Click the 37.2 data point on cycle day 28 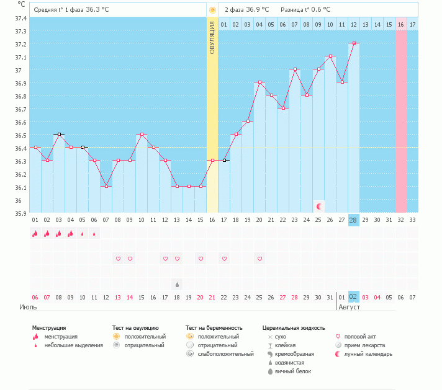(x=354, y=43)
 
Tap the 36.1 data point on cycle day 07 (x=106, y=186)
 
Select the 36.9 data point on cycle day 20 (x=259, y=82)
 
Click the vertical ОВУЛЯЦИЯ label (x=212, y=38)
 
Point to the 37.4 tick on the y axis (x=20, y=17)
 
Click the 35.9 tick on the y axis (x=20, y=213)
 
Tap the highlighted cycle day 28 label (x=354, y=220)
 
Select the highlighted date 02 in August (x=354, y=297)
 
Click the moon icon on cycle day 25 (x=319, y=206)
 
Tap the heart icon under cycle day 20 (x=259, y=259)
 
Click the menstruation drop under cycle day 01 (x=35, y=234)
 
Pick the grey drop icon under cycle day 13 (x=177, y=285)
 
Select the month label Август (x=350, y=306)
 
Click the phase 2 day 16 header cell (x=401, y=24)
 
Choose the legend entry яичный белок (x=293, y=371)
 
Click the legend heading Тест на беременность (x=214, y=327)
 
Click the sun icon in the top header (x=212, y=10)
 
